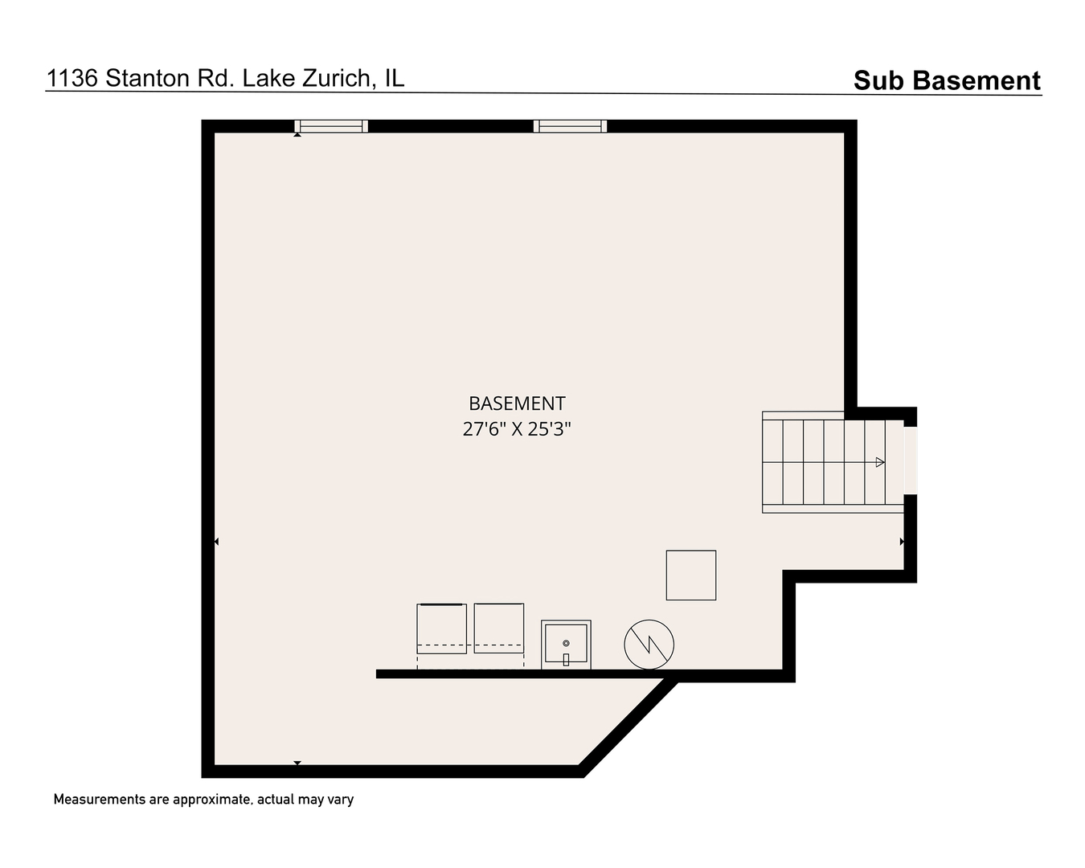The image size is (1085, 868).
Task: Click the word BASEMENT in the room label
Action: click(517, 403)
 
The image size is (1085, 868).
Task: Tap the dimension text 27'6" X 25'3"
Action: click(517, 429)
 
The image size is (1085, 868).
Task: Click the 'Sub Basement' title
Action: click(946, 80)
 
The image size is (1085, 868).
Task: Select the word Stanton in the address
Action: click(148, 78)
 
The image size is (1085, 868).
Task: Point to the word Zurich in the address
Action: click(326, 78)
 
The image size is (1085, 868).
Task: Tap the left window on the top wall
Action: click(331, 126)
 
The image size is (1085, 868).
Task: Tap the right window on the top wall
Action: click(570, 126)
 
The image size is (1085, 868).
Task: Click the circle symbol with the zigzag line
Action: click(649, 644)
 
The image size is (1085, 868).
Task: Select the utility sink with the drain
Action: click(566, 644)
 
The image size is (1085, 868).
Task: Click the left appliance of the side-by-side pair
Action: click(441, 628)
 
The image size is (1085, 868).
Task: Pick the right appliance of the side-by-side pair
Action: click(499, 628)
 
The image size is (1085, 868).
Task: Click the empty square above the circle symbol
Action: click(691, 575)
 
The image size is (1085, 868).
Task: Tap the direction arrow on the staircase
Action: click(880, 462)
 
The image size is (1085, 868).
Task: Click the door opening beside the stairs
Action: click(910, 460)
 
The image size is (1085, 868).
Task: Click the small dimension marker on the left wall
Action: click(215, 542)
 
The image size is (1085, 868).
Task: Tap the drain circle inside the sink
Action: click(566, 644)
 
